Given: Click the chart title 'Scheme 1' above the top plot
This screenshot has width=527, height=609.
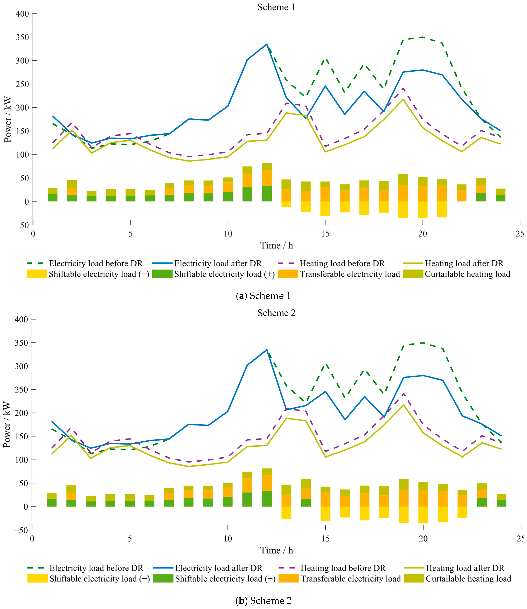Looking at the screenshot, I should [276, 7].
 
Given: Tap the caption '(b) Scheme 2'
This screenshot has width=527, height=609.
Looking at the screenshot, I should [263, 600].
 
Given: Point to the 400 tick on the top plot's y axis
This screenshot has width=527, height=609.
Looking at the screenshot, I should [22, 14].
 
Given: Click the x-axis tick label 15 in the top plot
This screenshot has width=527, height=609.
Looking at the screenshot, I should [325, 234].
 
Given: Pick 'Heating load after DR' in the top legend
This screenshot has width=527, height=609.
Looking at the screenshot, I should [464, 263].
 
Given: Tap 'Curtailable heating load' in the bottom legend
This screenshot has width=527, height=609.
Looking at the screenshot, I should [468, 579].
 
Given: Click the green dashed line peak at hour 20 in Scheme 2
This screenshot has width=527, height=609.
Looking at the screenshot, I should [423, 343].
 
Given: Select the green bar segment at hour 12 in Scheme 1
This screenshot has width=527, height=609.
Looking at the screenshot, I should [267, 194].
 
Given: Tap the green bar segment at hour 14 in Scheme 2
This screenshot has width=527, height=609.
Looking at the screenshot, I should [306, 503].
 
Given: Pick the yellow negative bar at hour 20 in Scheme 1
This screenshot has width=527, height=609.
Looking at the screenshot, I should [423, 210].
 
